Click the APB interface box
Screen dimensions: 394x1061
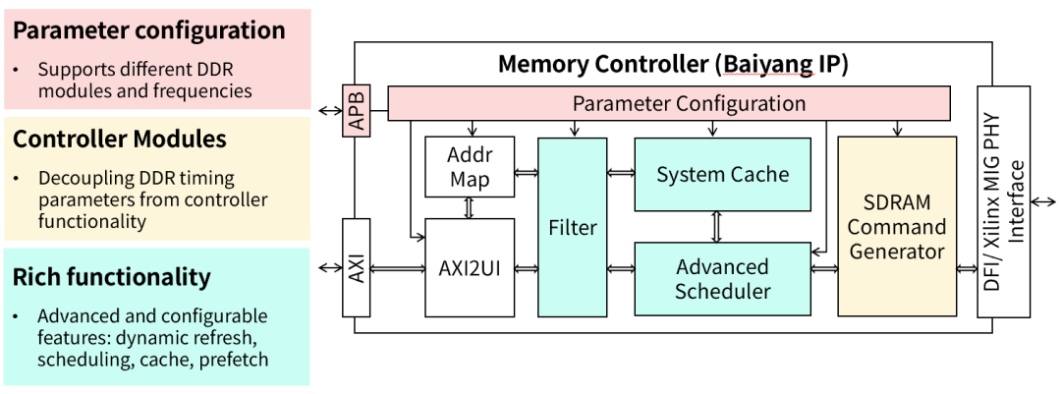tap(356, 111)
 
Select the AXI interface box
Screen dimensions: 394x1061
tap(356, 267)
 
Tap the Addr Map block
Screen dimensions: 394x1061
tap(470, 168)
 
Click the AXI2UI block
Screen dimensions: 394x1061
tap(470, 267)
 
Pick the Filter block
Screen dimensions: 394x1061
tap(573, 227)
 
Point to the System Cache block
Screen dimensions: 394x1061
tap(722, 175)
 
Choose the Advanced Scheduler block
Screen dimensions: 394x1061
tap(722, 279)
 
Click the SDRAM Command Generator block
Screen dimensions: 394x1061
tap(896, 227)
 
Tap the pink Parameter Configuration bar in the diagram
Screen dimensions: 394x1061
tap(669, 103)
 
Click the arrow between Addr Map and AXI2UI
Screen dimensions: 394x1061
tap(470, 208)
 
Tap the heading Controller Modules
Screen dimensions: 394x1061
tap(120, 140)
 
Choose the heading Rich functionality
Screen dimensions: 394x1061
tap(112, 277)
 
